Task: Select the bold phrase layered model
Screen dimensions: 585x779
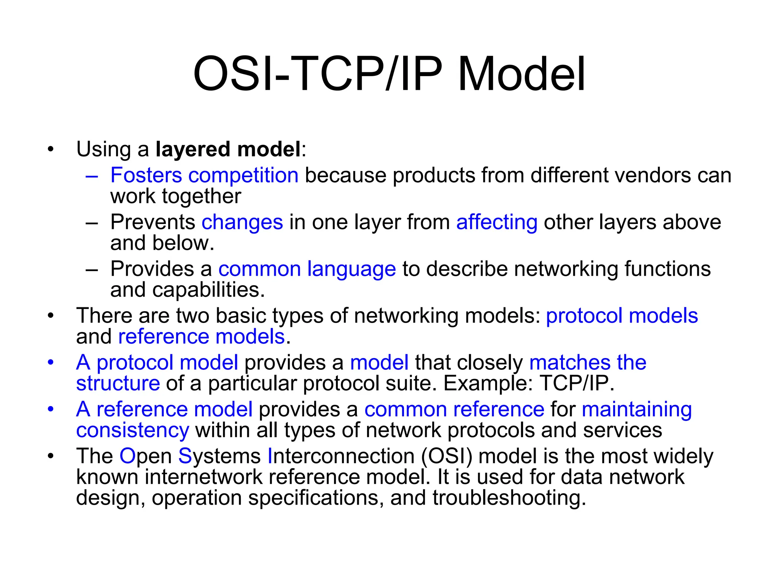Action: (x=228, y=149)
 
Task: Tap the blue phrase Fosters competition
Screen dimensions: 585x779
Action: (x=204, y=175)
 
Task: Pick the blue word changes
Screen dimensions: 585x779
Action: (x=242, y=222)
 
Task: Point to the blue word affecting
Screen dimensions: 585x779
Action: (x=497, y=222)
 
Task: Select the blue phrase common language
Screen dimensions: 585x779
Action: (x=307, y=269)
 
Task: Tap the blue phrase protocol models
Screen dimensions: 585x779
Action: (x=622, y=316)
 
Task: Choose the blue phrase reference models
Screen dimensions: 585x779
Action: (x=202, y=337)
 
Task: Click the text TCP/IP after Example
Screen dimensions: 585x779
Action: (x=577, y=383)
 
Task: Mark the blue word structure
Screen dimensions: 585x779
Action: (x=118, y=383)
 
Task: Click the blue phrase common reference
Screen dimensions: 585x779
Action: (x=454, y=409)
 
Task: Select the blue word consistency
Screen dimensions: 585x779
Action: (x=132, y=430)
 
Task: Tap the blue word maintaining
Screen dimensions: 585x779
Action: (x=637, y=409)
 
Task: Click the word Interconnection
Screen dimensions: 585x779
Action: (x=341, y=456)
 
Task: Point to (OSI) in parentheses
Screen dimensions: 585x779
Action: (x=447, y=456)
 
